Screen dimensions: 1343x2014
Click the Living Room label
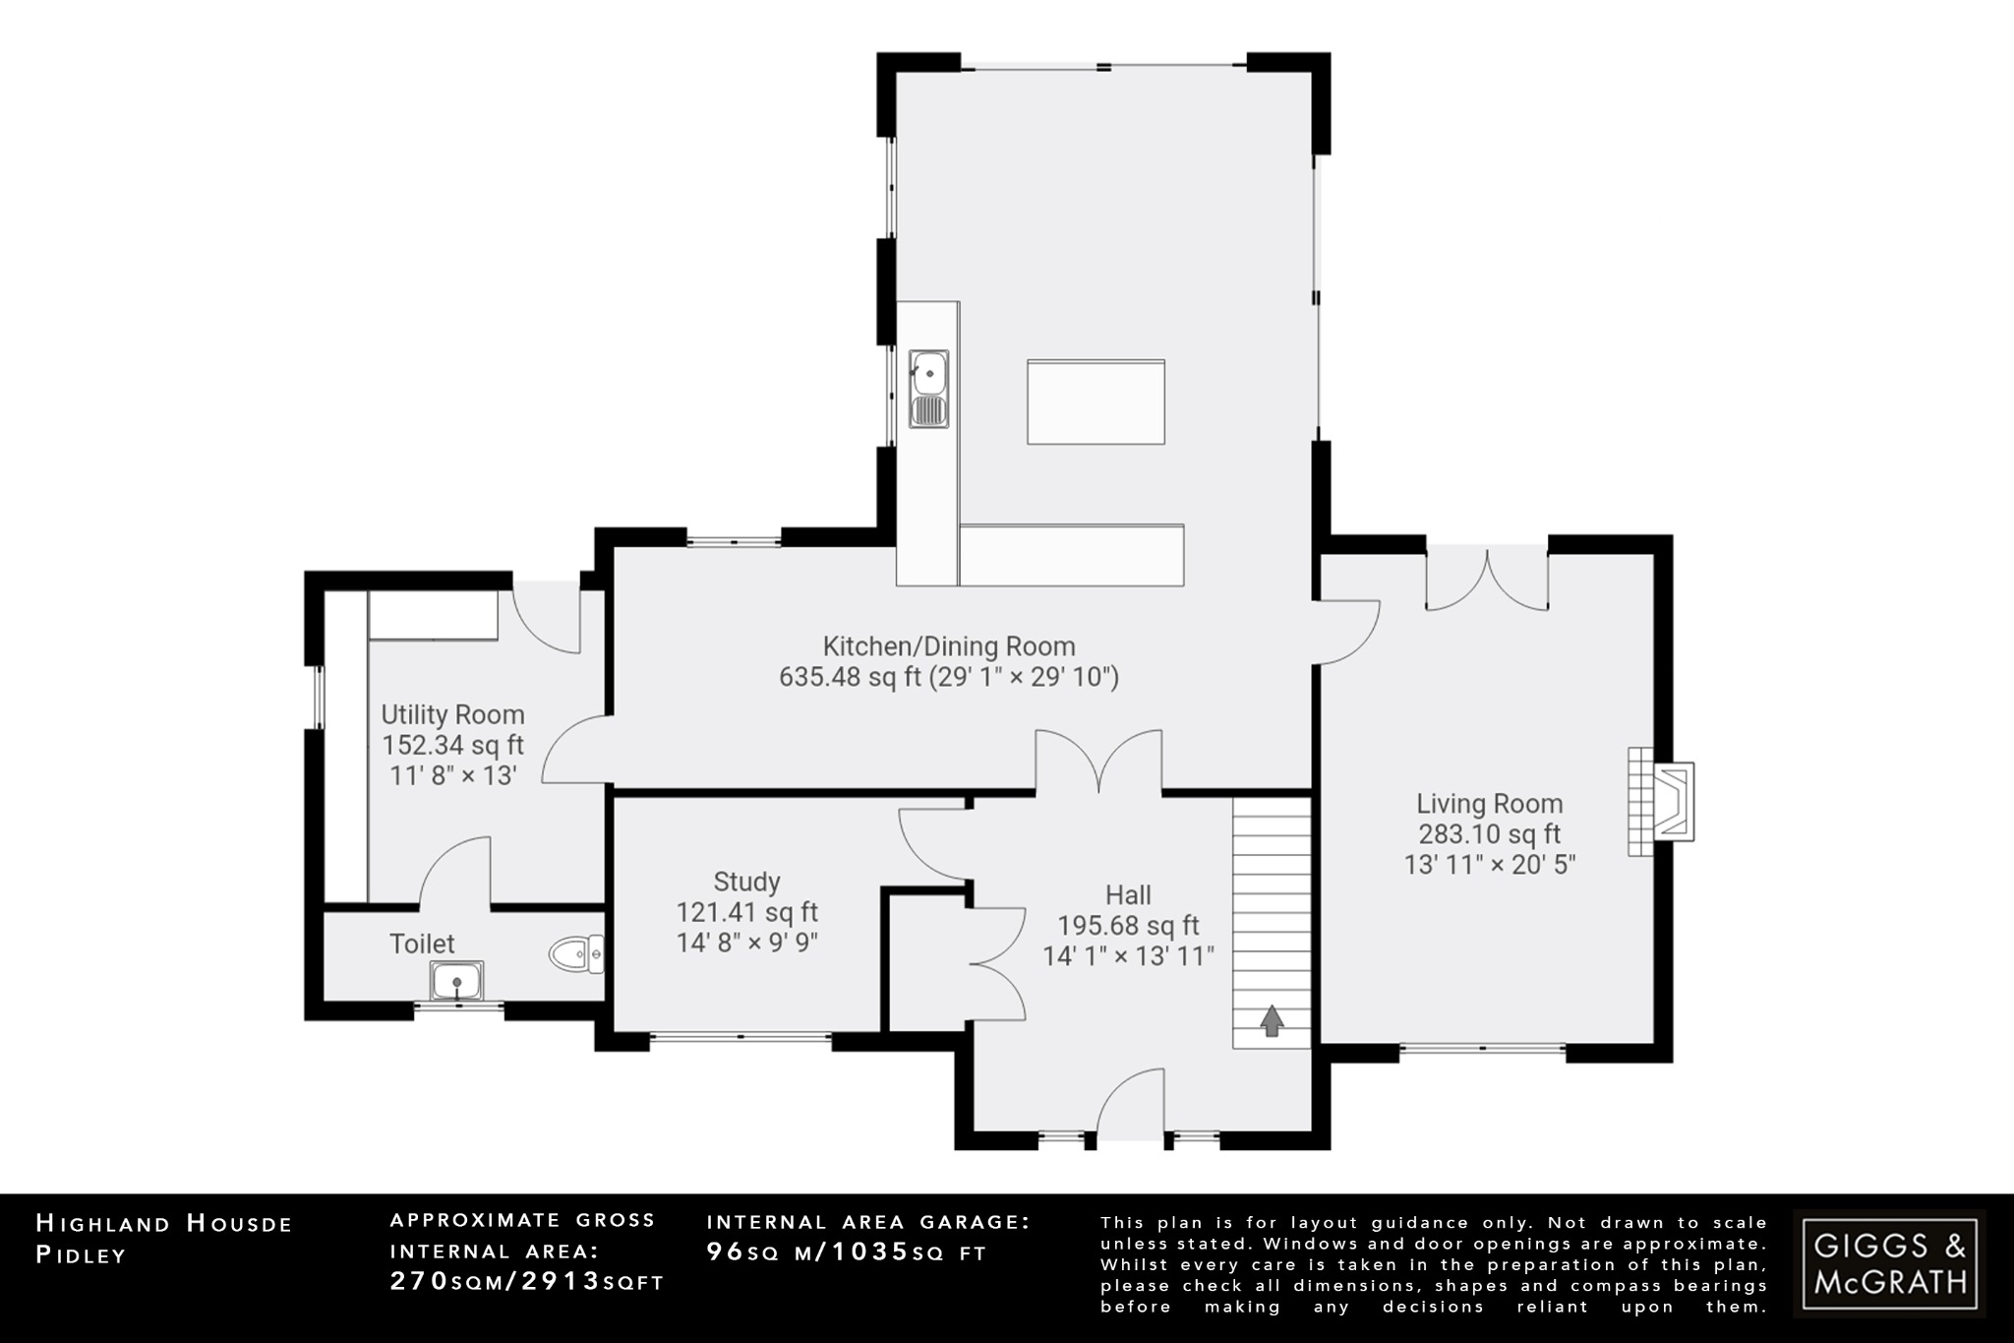click(1489, 804)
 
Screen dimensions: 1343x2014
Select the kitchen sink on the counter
click(928, 389)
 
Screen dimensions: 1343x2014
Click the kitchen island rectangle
click(1096, 401)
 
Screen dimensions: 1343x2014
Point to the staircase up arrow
click(1272, 1021)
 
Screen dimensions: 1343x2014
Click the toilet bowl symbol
click(573, 954)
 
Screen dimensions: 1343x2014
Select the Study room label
click(746, 882)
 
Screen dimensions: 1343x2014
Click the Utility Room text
click(452, 714)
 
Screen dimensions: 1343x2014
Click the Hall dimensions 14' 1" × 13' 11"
click(1128, 955)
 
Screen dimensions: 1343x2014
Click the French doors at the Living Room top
click(1487, 580)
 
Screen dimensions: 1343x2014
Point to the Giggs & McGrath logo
click(1889, 1263)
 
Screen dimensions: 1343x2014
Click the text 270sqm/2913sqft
click(527, 1282)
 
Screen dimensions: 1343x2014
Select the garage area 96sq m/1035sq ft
click(846, 1252)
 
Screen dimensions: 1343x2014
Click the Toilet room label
click(422, 944)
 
